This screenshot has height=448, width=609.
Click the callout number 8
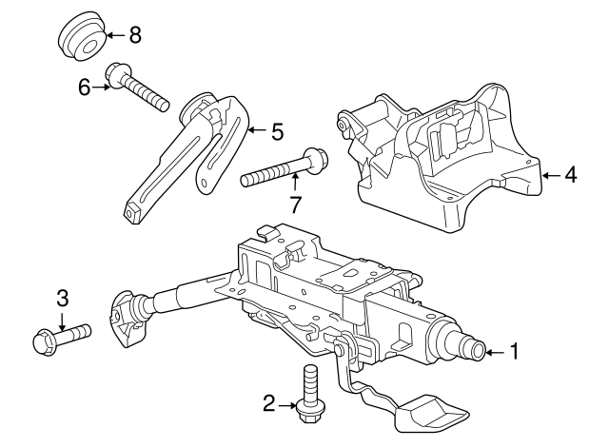pyautogui.click(x=135, y=36)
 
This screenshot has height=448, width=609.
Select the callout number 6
pyautogui.click(x=85, y=88)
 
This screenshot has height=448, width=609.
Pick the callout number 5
pyautogui.click(x=277, y=132)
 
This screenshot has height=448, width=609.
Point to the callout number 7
pyautogui.click(x=296, y=203)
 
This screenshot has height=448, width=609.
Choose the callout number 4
pyautogui.click(x=571, y=175)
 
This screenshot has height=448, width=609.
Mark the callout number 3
pyautogui.click(x=62, y=299)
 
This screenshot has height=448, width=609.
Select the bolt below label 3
pyautogui.click(x=61, y=335)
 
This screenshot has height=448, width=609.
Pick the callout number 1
pyautogui.click(x=515, y=353)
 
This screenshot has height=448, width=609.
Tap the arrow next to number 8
pyautogui.click(x=113, y=36)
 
